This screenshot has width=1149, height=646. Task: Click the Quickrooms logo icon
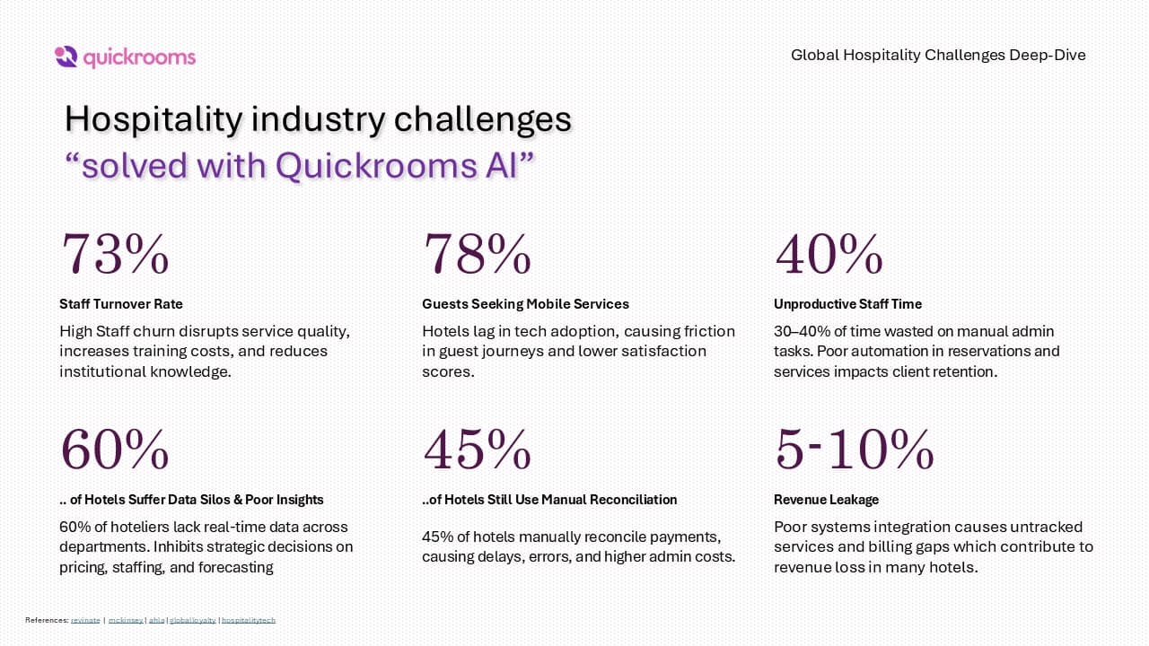coord(66,57)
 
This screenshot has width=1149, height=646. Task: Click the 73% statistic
coord(115,254)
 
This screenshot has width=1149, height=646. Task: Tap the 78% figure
coord(477,254)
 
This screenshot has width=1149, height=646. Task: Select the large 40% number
coord(829,254)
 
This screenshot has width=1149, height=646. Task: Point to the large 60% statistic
coord(115,450)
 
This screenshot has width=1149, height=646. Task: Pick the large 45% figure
coord(477,450)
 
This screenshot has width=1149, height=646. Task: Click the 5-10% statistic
coord(854,450)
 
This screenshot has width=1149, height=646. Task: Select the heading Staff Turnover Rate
coord(121,304)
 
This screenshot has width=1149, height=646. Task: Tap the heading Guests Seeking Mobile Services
coord(525,304)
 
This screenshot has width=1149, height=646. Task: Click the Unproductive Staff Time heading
coord(847,304)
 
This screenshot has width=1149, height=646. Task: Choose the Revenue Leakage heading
coord(826,500)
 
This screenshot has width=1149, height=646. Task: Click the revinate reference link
coord(85,620)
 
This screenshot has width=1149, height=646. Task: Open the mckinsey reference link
coord(125,620)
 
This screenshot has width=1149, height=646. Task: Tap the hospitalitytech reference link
coord(249,620)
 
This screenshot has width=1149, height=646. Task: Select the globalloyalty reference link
coord(193,620)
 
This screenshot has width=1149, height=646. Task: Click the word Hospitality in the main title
coord(153,120)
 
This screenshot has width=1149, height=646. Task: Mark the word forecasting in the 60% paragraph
coord(229,567)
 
